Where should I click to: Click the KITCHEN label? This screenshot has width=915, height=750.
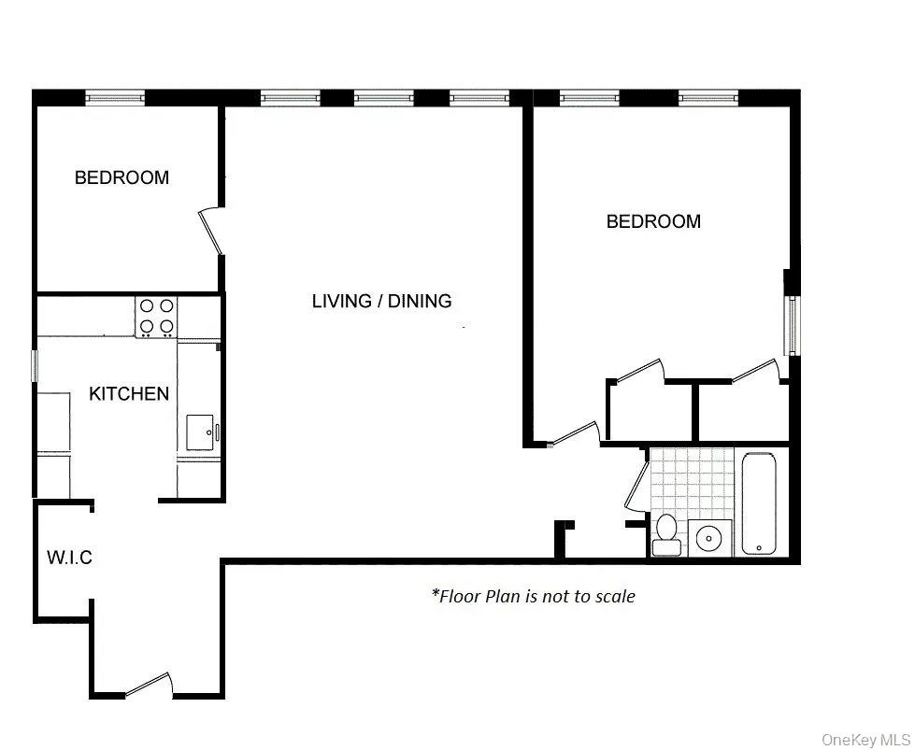[x=129, y=394]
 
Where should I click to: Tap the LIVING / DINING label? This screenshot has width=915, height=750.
[x=381, y=301]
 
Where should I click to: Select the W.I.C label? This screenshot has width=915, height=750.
[x=69, y=559]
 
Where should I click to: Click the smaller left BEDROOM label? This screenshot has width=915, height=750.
[x=122, y=177]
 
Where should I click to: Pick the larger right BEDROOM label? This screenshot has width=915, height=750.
[x=653, y=221]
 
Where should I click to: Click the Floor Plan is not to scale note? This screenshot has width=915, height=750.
[x=533, y=596]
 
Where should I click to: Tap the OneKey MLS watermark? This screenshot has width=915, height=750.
[x=863, y=740]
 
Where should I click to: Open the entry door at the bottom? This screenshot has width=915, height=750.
[x=149, y=686]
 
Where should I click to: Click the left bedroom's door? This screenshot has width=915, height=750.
[x=211, y=231]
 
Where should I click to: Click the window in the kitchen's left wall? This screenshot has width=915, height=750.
[x=36, y=365]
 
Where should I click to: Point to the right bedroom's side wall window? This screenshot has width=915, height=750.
[x=792, y=325]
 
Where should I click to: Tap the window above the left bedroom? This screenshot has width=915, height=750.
[x=115, y=97]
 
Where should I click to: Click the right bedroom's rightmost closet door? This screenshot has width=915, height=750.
[x=755, y=372]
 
